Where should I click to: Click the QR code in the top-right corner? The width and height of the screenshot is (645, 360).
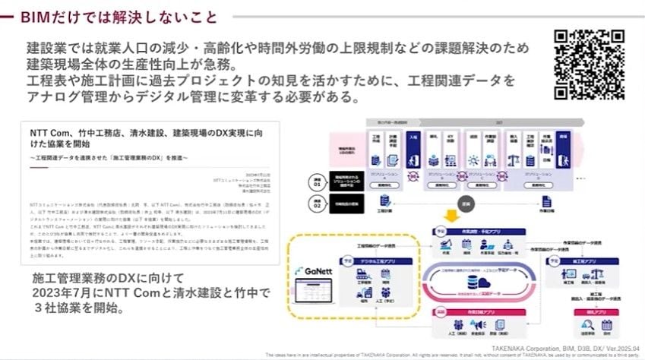590,65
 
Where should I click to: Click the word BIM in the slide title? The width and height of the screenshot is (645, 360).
36,16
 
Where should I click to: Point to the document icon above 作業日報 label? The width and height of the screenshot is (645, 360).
546,201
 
